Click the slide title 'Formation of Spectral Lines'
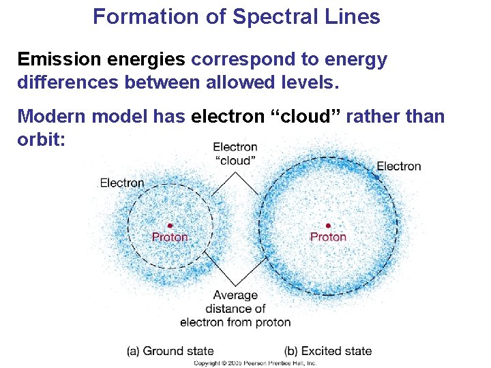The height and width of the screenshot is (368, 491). [236, 16]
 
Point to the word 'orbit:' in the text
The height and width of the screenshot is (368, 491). [40, 139]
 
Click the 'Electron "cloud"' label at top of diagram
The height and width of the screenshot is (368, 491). [235, 153]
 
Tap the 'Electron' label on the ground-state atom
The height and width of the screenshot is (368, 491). [122, 183]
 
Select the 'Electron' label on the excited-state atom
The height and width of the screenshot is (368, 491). [399, 166]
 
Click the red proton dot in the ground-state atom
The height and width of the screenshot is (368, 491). [170, 226]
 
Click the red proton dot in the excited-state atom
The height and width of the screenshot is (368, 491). [328, 226]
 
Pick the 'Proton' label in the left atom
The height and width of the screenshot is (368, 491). [170, 237]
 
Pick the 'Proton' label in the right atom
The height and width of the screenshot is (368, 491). [328, 237]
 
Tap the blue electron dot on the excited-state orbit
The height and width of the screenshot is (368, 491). [376, 177]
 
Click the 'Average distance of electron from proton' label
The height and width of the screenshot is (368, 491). [235, 309]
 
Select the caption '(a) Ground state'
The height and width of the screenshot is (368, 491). [170, 351]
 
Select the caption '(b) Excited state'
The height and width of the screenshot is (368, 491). [328, 351]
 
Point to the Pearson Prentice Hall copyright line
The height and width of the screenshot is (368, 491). [255, 363]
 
